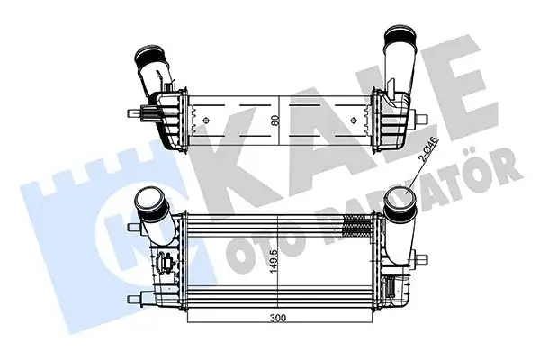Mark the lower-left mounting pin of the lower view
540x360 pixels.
tap(136, 296)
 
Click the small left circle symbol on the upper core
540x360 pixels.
tap(207, 118)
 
